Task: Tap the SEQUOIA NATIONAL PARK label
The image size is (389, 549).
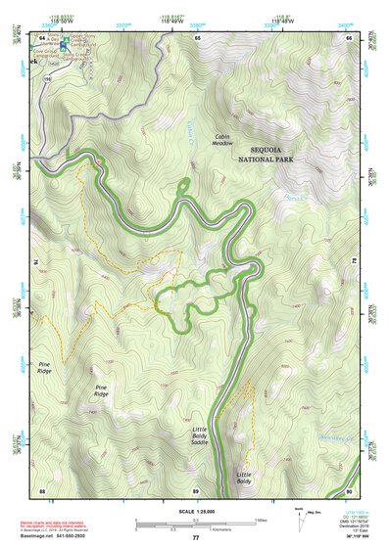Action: pos(271,154)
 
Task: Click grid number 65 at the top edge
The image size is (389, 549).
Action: pos(197,37)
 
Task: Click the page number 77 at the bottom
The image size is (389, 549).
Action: pos(195,538)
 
